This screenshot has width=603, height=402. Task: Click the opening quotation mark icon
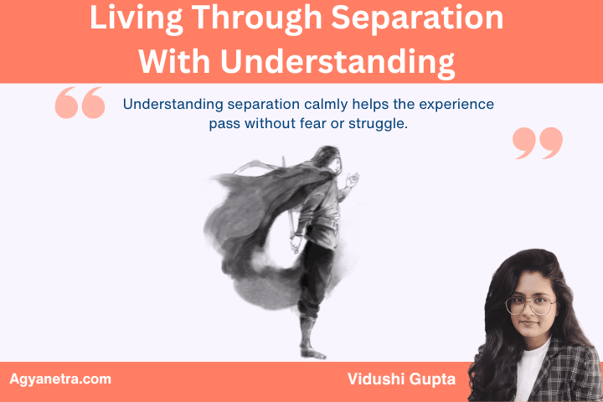[80, 104]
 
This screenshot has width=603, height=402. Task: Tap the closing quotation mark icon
[537, 142]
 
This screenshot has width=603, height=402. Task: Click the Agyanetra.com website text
[59, 379]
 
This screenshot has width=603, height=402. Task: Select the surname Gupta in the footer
[433, 379]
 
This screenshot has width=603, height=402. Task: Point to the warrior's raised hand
[354, 178]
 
